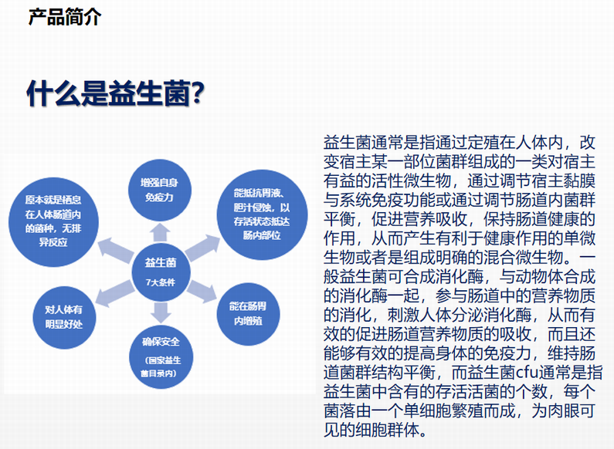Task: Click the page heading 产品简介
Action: (x=65, y=17)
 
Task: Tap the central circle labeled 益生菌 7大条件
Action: (x=161, y=272)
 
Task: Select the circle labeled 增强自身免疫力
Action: (x=159, y=190)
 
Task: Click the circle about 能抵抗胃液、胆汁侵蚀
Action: (x=262, y=214)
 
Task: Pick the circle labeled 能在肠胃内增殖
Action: (x=248, y=314)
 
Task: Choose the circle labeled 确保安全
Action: (x=161, y=356)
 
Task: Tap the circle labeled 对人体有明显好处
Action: (x=64, y=317)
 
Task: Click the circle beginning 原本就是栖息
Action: (x=53, y=221)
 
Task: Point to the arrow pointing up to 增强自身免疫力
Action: (x=160, y=232)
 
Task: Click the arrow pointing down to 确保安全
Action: (x=161, y=312)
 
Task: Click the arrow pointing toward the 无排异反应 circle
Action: (x=116, y=249)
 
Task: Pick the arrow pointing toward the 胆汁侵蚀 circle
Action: (x=202, y=247)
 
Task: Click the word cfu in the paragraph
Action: (x=527, y=372)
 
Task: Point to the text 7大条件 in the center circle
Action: (x=161, y=282)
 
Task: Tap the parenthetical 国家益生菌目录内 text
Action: (x=161, y=366)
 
